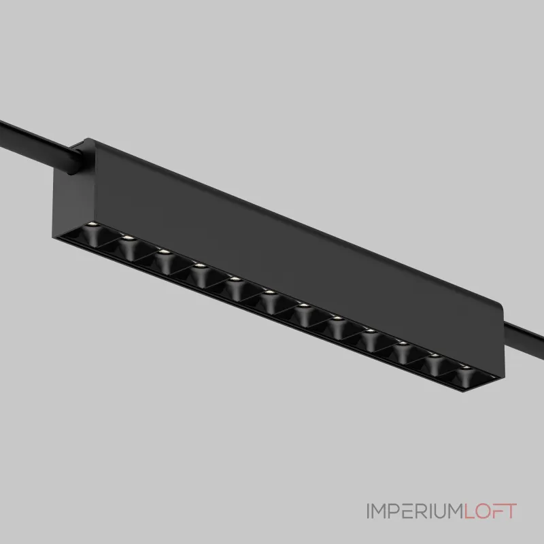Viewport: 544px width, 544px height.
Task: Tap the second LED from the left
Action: [128, 238]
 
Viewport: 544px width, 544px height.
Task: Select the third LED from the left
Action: [164, 252]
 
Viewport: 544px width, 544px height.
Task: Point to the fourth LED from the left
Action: [199, 266]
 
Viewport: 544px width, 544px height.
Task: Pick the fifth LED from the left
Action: [235, 279]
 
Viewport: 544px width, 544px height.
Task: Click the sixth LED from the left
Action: [270, 292]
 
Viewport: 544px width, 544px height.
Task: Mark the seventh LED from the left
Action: [304, 305]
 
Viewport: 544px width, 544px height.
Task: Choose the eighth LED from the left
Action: [337, 318]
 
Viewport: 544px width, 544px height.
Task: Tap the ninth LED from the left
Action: [370, 331]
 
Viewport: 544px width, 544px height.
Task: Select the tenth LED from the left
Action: [403, 343]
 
